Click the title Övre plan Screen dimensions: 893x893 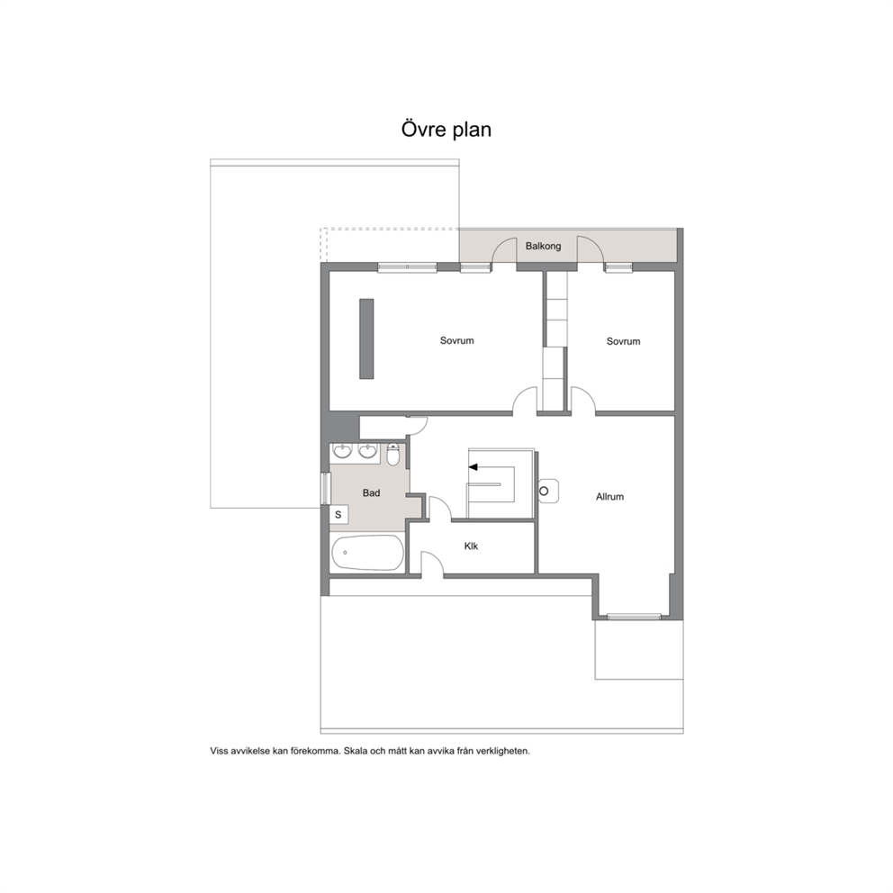click(x=446, y=130)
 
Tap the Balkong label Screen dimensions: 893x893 click(x=543, y=246)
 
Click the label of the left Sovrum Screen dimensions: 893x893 click(x=456, y=340)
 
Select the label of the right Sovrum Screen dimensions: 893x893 click(x=623, y=341)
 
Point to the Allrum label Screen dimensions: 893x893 click(x=609, y=497)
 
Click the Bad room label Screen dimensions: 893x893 click(x=371, y=493)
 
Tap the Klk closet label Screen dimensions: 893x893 click(x=471, y=546)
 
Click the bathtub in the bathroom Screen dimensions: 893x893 click(x=367, y=553)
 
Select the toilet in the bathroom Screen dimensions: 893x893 click(x=393, y=454)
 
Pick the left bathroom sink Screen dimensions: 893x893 click(x=342, y=451)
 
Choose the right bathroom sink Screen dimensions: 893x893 click(x=367, y=451)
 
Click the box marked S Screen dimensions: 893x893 click(x=338, y=515)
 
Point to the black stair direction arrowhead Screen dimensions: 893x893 click(x=473, y=467)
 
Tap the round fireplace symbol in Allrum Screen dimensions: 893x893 click(x=544, y=491)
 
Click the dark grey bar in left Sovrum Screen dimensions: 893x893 click(x=366, y=338)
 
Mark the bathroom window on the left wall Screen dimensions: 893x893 click(x=326, y=488)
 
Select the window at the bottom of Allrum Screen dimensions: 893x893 click(x=634, y=617)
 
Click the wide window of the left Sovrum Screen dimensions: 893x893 click(x=407, y=266)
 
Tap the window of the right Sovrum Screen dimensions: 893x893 click(x=618, y=266)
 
